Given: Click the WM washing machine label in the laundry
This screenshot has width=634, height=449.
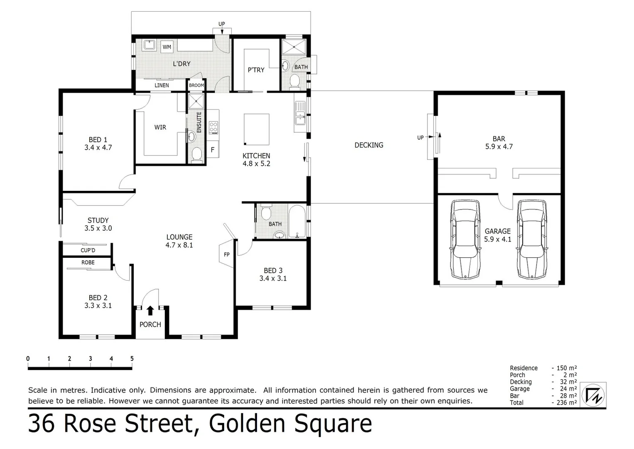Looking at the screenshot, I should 166,47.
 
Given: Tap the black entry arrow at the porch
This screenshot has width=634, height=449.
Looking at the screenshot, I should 150,310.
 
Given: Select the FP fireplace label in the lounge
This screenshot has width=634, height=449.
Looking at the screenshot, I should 227,254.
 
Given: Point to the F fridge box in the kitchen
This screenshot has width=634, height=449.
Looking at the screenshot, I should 213,150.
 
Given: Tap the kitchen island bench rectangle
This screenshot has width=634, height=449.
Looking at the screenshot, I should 256,129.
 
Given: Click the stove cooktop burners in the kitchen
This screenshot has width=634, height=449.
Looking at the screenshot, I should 213,127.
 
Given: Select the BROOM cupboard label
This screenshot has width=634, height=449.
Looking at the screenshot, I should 196,85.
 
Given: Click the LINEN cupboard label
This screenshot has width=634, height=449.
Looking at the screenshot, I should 162,85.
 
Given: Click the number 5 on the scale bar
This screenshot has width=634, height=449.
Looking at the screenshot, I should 132,359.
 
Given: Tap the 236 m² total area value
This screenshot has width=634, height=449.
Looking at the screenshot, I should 566,402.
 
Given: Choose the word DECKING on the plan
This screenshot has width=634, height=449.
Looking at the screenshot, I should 369,145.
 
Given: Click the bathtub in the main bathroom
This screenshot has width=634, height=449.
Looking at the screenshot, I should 297,222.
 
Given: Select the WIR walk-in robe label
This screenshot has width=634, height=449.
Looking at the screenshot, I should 160,127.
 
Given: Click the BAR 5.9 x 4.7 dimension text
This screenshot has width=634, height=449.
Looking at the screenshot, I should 499,146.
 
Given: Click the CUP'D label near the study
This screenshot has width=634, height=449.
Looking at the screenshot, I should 88,250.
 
